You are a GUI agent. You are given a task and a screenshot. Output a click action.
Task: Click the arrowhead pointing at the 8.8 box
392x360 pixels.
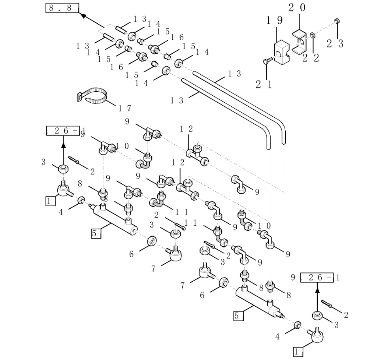pyautogui.click(x=83, y=15)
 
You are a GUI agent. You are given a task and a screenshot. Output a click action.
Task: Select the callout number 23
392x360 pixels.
pyautogui.click(x=335, y=43)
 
